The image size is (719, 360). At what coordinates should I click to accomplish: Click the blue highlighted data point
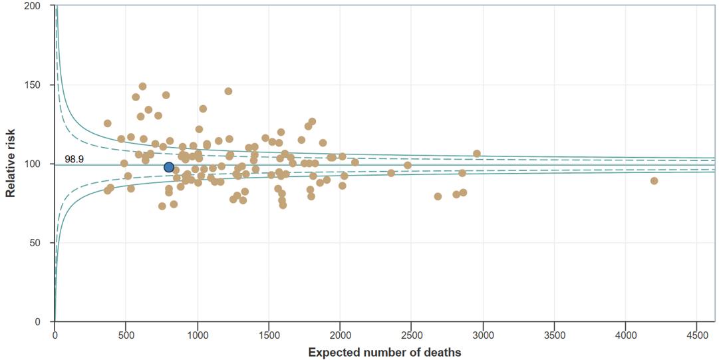point(169,167)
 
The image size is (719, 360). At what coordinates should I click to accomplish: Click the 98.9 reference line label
point(74,159)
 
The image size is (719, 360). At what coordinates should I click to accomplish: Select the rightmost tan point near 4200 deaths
point(654,181)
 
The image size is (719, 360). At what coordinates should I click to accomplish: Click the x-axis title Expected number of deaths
point(384,352)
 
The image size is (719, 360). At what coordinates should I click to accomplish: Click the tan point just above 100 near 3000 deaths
point(477,154)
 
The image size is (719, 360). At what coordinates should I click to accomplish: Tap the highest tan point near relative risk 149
point(142,87)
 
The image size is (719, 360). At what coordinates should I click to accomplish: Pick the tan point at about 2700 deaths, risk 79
point(438,196)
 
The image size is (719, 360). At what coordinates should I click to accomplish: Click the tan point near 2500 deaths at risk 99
point(408,165)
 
